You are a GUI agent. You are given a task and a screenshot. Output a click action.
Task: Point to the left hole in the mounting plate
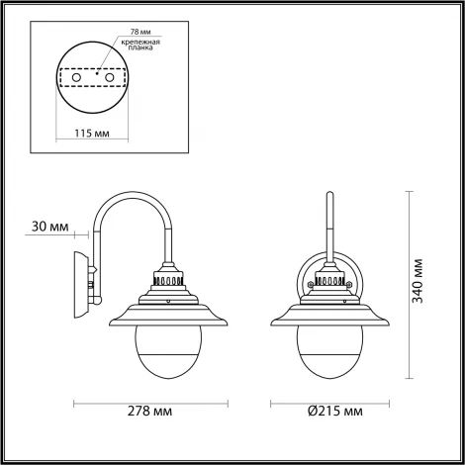pyautogui.click(x=72, y=75)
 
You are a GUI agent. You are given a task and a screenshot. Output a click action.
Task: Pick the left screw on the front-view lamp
pyautogui.click(x=311, y=284)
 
